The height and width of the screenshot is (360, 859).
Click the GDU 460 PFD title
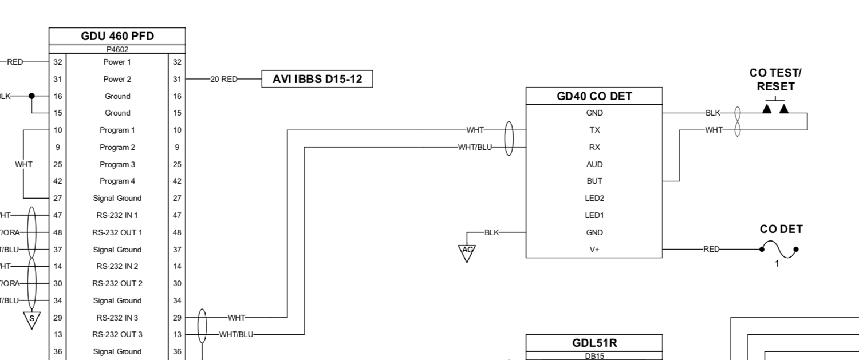pyautogui.click(x=117, y=36)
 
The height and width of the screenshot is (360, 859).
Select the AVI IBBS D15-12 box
pyautogui.click(x=317, y=79)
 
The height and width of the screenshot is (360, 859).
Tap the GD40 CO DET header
pyautogui.click(x=594, y=96)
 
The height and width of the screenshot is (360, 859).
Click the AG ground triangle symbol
pyautogui.click(x=467, y=251)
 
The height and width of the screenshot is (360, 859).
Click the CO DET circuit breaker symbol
pyautogui.click(x=778, y=250)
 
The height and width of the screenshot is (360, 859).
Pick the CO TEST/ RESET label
pyautogui.click(x=775, y=80)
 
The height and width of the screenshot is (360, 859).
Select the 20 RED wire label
pyautogui.click(x=223, y=80)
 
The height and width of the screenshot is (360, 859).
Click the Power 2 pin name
pyautogui.click(x=117, y=79)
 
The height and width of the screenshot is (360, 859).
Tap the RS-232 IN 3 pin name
pyautogui.click(x=117, y=318)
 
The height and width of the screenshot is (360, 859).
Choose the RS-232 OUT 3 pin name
pyautogui.click(x=117, y=335)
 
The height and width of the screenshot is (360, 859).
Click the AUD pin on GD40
pyautogui.click(x=594, y=164)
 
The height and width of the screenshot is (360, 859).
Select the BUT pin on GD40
pyautogui.click(x=594, y=181)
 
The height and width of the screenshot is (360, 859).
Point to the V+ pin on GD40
pyautogui.click(x=594, y=250)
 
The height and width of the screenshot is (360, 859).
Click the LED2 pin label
pyautogui.click(x=594, y=198)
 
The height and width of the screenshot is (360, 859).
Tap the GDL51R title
pyautogui.click(x=594, y=343)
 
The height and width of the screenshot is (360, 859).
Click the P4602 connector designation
pyautogui.click(x=117, y=49)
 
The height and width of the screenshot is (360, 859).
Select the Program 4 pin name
pyautogui.click(x=117, y=181)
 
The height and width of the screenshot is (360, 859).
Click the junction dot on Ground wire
pyautogui.click(x=32, y=96)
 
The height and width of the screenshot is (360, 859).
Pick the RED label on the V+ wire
pyautogui.click(x=711, y=250)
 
